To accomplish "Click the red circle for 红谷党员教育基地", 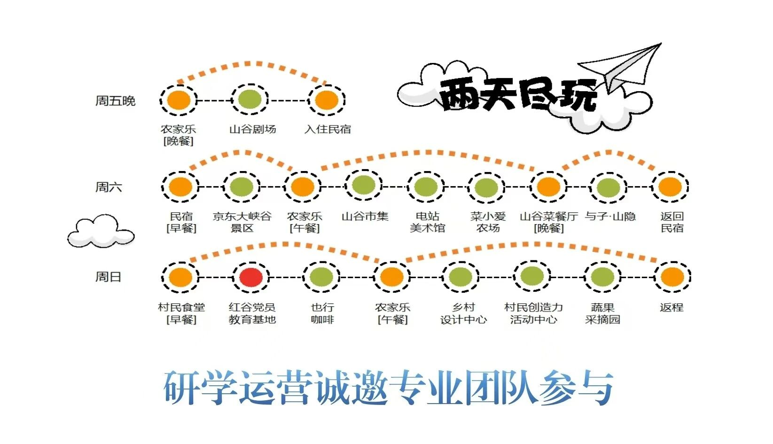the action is [x=251, y=277].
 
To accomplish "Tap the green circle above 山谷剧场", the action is [x=250, y=99].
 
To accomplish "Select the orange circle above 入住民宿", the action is [x=327, y=100].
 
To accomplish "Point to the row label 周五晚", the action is [x=115, y=101].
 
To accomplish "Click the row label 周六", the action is [x=109, y=187].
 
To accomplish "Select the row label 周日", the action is [x=108, y=277].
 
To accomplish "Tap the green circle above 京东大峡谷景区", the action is [x=241, y=187].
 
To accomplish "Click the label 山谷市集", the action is [x=365, y=216].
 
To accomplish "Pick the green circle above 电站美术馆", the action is [x=425, y=187].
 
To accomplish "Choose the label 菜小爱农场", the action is [x=488, y=222].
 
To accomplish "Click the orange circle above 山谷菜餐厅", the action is [x=548, y=187].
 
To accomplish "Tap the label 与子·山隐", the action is [x=610, y=216].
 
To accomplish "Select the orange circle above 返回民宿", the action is [x=670, y=187].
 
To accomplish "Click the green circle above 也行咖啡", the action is [x=321, y=277].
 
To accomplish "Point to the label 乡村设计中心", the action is [x=463, y=313].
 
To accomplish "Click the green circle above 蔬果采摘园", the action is [x=602, y=277].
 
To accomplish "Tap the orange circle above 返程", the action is [x=672, y=277].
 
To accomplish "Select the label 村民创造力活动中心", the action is [x=533, y=313].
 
